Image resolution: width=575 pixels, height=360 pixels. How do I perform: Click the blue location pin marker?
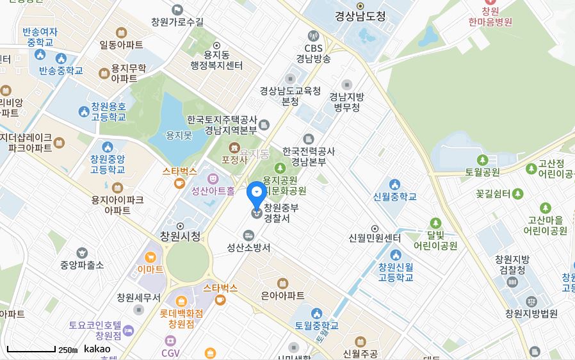(256, 192)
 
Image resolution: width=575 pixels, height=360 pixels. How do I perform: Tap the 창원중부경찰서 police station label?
(281, 213)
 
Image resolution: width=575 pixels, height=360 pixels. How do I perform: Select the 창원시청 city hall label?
(180, 236)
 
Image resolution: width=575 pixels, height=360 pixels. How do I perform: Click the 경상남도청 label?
(360, 17)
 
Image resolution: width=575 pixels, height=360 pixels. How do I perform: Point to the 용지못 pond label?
(179, 135)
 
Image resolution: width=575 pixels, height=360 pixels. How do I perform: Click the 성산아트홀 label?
(213, 190)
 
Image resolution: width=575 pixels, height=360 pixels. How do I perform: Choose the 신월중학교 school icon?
(394, 185)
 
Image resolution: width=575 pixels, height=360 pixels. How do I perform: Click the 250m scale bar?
(31, 350)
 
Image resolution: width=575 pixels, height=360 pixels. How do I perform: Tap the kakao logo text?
(97, 349)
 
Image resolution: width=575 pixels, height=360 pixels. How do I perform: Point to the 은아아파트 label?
(282, 295)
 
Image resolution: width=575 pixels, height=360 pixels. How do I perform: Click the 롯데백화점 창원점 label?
(181, 318)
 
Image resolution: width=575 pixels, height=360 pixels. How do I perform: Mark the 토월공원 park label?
(482, 172)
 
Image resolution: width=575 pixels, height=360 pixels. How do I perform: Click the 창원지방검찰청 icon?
(512, 282)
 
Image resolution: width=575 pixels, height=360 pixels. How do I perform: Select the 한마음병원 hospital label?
(490, 21)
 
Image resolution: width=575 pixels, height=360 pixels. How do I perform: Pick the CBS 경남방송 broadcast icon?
(313, 36)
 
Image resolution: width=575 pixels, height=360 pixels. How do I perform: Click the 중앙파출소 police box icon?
(82, 253)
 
